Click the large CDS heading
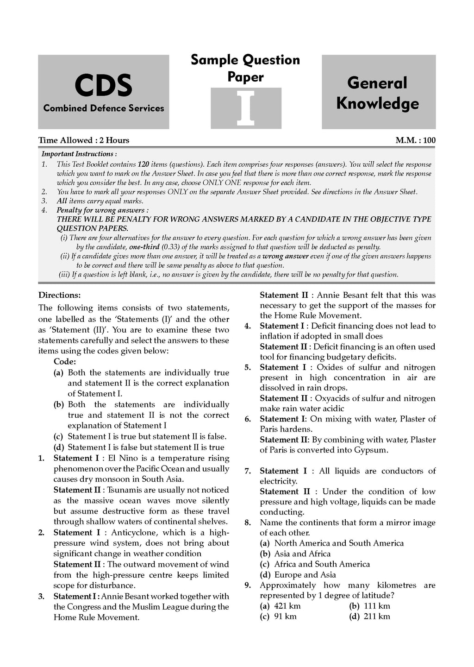point(103,86)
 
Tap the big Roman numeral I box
point(246,108)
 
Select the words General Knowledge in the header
point(378,93)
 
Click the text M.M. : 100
point(415,140)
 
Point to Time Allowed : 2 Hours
point(84,140)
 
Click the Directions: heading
point(59,295)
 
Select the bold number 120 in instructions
point(144,164)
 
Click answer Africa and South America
point(322,564)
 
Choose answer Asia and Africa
point(302,554)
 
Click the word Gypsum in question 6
point(374,450)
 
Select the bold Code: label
point(65,362)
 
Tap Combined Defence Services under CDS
point(104,108)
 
